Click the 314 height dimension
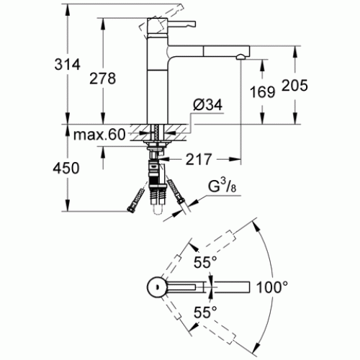tap(67, 65)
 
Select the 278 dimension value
tap(103, 78)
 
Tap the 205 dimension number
tap(294, 85)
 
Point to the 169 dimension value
tap(263, 92)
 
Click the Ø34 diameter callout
tap(208, 104)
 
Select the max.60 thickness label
tap(99, 135)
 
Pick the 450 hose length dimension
tap(66, 168)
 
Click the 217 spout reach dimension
tap(199, 159)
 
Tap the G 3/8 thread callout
tap(222, 186)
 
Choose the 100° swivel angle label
tap(272, 287)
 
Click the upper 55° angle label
tap(205, 262)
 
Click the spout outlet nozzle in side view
tap(240, 57)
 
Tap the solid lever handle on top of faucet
tap(181, 24)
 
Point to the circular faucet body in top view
tap(156, 287)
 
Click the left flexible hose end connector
tap(137, 199)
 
